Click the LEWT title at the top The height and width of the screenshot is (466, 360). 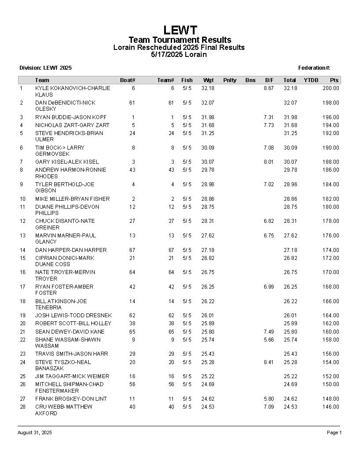[x=180, y=30]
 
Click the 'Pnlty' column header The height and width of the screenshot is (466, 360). [x=229, y=80]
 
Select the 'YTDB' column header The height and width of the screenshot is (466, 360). [x=311, y=80]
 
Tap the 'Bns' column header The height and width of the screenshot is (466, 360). [x=250, y=80]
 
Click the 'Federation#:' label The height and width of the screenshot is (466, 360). [x=314, y=68]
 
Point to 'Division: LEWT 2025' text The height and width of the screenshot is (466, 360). [x=45, y=68]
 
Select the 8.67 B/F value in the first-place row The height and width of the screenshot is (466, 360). [x=269, y=88]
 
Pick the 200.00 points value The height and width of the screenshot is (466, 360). [x=330, y=88]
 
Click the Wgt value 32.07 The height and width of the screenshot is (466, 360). [x=207, y=103]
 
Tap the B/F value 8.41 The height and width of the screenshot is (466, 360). [x=269, y=362]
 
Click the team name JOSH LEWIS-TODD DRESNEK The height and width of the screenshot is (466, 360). [x=73, y=316]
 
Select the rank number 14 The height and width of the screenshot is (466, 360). [x=22, y=250]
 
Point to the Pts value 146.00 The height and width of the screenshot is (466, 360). [x=330, y=407]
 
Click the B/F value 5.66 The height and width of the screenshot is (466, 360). [x=269, y=340]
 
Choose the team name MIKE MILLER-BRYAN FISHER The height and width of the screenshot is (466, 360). [x=73, y=199]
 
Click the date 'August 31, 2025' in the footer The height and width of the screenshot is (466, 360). [x=34, y=433]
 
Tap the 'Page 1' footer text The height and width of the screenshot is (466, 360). [x=334, y=433]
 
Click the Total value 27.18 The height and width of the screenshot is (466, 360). [x=290, y=250]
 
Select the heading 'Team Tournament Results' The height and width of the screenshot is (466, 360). [x=180, y=40]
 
